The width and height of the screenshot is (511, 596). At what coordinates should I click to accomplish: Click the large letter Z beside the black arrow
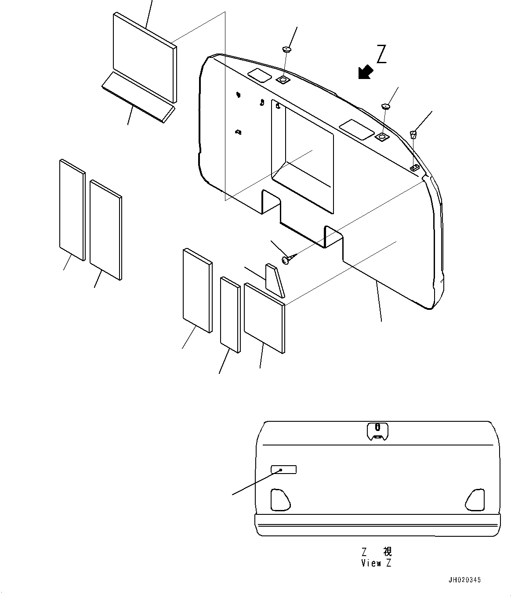[x=381, y=55]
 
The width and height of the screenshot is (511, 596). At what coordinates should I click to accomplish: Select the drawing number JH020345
[x=464, y=580]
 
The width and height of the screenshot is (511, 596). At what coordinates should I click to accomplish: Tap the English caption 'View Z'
[x=376, y=564]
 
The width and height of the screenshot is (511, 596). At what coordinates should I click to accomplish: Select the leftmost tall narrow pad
[x=71, y=210]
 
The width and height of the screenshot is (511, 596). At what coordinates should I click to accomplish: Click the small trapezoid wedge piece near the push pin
[x=274, y=280]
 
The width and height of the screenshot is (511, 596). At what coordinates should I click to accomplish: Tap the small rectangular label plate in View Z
[x=283, y=470]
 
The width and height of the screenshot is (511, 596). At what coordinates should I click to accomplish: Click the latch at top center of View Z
[x=377, y=431]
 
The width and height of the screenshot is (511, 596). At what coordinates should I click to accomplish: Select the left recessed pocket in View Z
[x=279, y=499]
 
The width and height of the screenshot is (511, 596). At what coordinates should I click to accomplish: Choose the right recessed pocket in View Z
[x=475, y=499]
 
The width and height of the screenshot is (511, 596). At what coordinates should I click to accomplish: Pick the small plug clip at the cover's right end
[x=413, y=134]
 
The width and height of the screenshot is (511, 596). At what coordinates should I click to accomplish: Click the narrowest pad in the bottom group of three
[x=230, y=314]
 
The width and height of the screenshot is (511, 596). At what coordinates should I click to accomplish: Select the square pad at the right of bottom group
[x=264, y=317]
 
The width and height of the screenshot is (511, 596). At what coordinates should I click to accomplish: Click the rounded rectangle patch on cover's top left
[x=259, y=75]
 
